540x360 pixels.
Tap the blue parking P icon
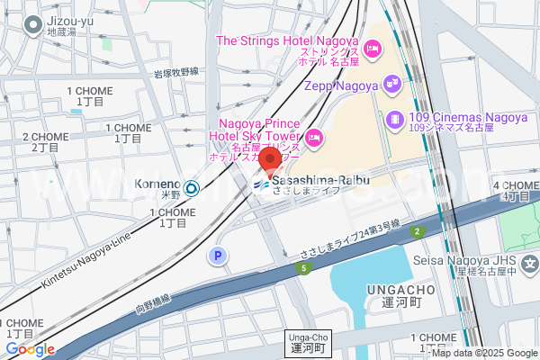216,257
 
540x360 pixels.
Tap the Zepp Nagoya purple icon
391,84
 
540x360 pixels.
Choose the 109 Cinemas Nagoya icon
394,119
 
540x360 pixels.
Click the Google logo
30,349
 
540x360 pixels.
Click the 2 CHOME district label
50,141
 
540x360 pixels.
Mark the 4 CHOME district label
517,191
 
